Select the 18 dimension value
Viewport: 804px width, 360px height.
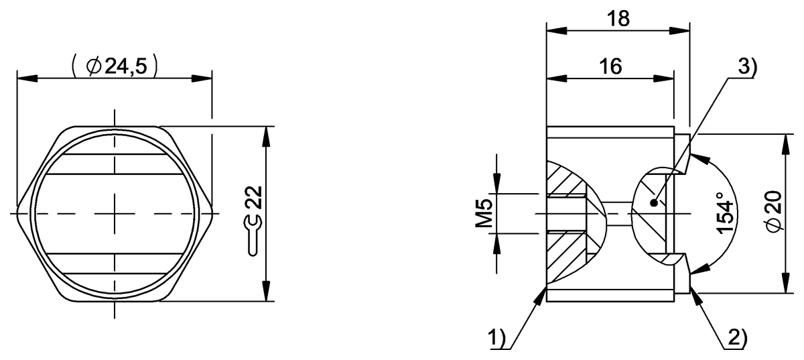click(618, 19)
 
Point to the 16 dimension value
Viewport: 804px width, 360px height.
click(610, 66)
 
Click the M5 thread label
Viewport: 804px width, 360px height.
click(484, 213)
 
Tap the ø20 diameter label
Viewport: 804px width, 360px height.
click(773, 212)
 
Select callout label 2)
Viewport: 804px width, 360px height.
click(737, 338)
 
